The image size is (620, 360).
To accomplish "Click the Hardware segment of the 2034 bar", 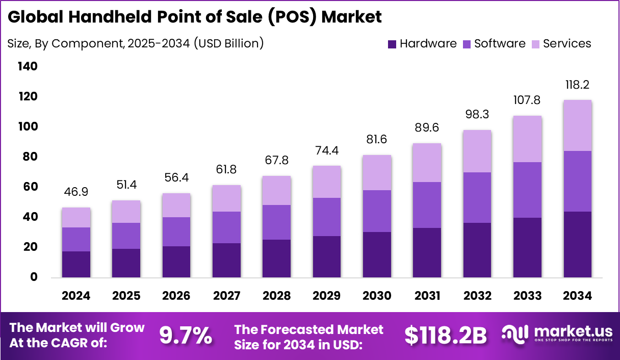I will (x=577, y=244).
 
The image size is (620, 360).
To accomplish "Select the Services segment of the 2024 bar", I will (x=76, y=217).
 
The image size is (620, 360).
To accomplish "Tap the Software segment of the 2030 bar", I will (x=377, y=211).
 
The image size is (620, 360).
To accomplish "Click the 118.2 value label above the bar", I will (x=577, y=85).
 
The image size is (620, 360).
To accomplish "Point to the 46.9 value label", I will (x=76, y=192).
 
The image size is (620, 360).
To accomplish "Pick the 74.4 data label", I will (x=327, y=150).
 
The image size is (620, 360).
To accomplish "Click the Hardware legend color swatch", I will (x=392, y=44).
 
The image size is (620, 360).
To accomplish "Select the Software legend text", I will (x=500, y=44).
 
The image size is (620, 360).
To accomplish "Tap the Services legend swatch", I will (x=535, y=44).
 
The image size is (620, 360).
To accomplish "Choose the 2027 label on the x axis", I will (x=226, y=296).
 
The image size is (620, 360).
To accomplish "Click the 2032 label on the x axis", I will (x=477, y=296).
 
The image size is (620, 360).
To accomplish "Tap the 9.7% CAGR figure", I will (x=185, y=336).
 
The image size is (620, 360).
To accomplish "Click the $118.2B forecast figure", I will (x=446, y=336).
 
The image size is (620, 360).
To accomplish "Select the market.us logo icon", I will (x=515, y=334).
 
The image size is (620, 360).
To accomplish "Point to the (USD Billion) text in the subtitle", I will (x=228, y=43).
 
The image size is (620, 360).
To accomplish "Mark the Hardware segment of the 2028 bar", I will (x=276, y=259).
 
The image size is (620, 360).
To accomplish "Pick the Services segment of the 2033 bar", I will (x=527, y=139).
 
